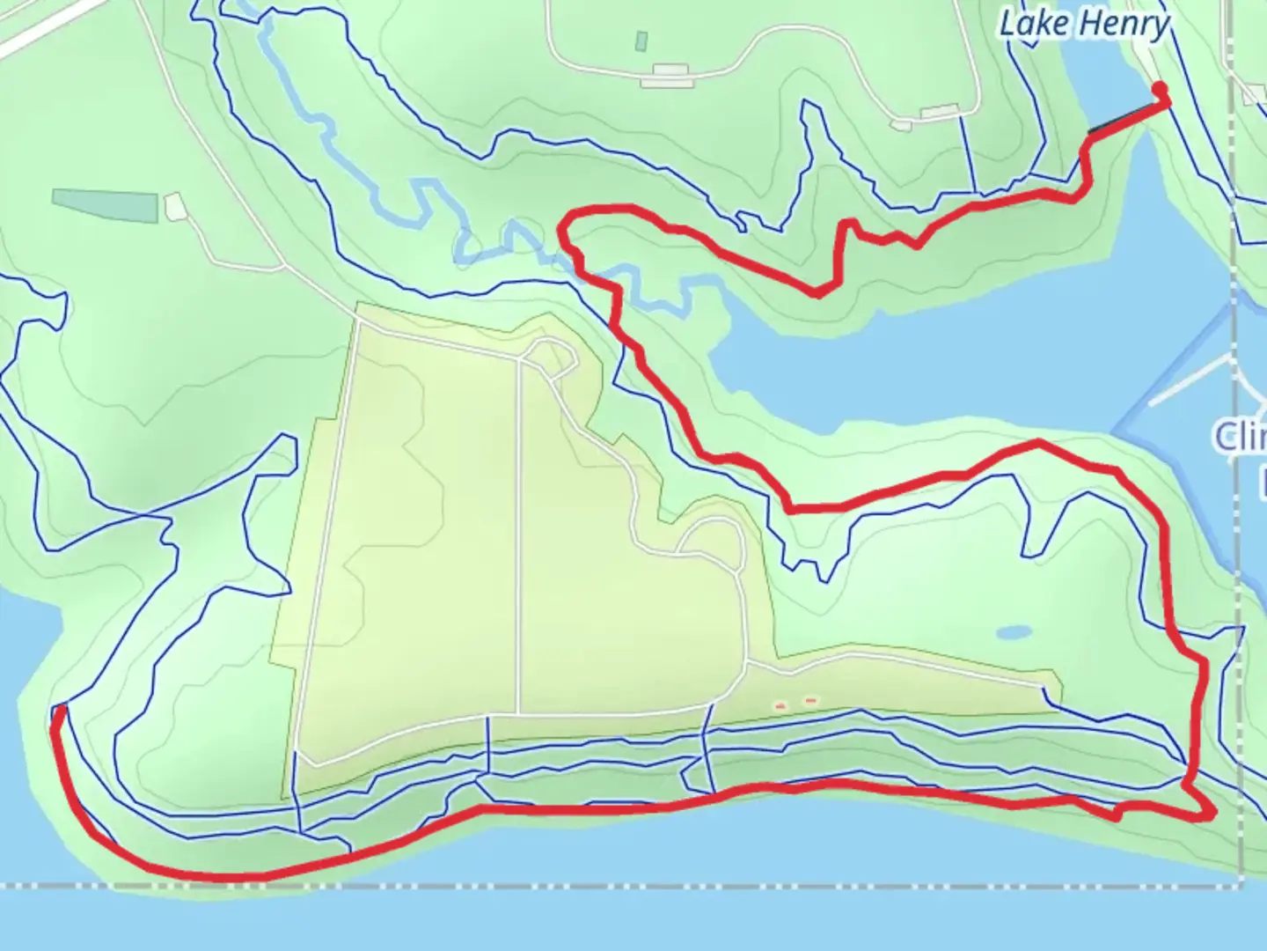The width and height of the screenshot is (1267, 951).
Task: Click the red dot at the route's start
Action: (x=1160, y=89)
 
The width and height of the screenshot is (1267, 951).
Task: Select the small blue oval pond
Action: (x=1014, y=632)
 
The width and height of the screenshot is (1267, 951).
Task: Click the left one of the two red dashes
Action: (x=779, y=704)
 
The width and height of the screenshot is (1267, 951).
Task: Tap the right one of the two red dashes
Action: (x=810, y=701)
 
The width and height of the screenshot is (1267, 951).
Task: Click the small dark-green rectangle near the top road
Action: (x=641, y=41)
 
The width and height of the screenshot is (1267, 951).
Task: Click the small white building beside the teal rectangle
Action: (x=174, y=207)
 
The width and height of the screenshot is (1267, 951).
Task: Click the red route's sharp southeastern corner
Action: (x=1212, y=813)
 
